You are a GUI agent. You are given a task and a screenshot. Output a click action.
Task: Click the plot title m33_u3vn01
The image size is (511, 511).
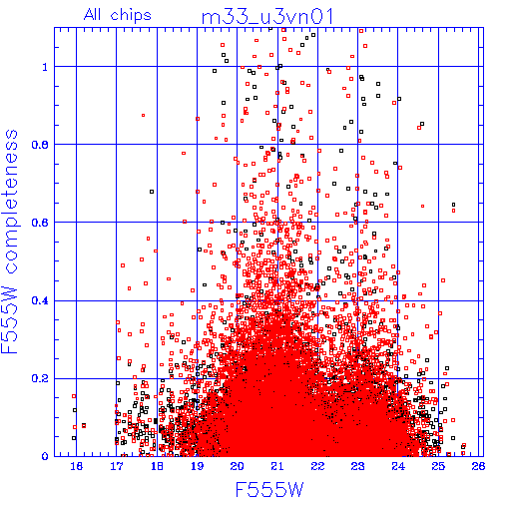[x=267, y=17]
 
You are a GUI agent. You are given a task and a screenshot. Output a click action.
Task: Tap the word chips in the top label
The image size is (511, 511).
[x=131, y=16]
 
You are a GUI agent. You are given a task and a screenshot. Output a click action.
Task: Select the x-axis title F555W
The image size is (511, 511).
[x=269, y=490]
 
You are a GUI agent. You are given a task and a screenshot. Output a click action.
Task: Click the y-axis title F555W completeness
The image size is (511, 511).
[x=10, y=242]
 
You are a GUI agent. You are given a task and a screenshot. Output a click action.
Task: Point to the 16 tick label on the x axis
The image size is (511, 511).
[x=76, y=466]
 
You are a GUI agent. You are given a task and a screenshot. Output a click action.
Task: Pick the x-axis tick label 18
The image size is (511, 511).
[x=157, y=466]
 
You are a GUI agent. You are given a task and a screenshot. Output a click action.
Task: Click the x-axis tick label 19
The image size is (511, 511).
[x=197, y=466]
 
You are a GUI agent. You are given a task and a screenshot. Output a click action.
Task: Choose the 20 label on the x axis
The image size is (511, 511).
[x=237, y=466]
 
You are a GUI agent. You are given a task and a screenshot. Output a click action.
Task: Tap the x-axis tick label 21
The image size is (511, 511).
[x=277, y=466]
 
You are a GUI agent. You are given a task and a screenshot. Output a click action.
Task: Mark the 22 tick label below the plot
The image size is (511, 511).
[x=317, y=466]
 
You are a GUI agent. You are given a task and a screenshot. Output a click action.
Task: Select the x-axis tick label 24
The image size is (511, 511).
[x=398, y=466]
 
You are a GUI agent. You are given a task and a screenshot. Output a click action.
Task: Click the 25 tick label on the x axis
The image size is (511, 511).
[x=438, y=466]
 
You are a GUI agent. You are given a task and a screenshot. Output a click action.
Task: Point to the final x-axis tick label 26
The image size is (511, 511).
[x=478, y=466]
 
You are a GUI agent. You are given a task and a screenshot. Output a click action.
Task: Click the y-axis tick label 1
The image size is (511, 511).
[x=45, y=67]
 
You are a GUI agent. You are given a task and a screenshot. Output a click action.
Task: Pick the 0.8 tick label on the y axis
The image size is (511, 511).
[x=40, y=145]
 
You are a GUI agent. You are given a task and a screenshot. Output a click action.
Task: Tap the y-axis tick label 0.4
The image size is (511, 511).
[x=40, y=300]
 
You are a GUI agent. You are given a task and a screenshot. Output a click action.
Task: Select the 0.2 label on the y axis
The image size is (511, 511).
[x=40, y=378]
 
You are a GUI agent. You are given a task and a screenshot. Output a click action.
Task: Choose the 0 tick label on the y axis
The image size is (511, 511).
[x=45, y=456]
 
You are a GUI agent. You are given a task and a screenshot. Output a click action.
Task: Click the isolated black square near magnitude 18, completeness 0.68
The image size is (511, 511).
[x=152, y=192]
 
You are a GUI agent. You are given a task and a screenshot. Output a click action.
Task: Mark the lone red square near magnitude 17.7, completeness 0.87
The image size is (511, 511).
[x=143, y=116]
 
